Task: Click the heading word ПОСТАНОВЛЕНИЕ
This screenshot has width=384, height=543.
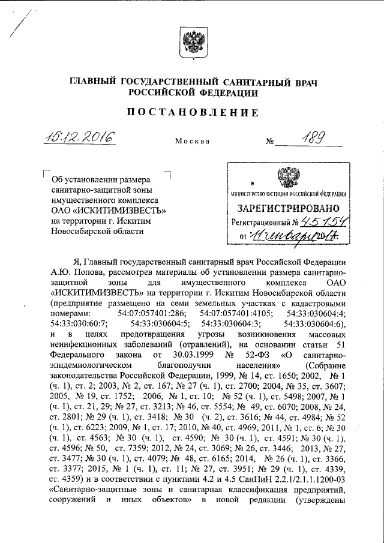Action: click(x=192, y=112)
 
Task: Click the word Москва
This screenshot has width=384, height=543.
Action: click(x=192, y=142)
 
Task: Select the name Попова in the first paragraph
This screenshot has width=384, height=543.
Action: click(x=83, y=272)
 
